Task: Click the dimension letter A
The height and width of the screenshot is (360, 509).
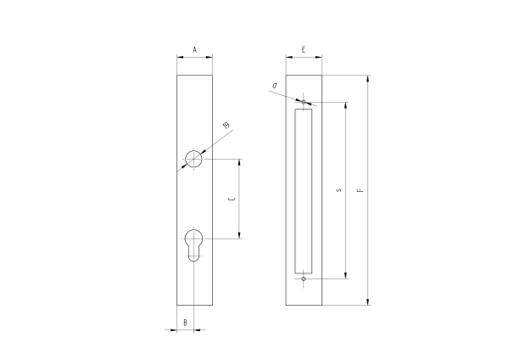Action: (194, 50)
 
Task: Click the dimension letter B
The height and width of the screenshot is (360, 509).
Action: (185, 322)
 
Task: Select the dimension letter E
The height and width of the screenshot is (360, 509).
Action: (304, 50)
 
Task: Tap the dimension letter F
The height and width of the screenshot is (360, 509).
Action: (360, 191)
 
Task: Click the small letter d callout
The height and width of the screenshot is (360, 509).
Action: (275, 85)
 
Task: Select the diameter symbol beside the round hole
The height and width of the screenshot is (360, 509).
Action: (226, 127)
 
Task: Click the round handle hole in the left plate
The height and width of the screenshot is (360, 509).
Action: (194, 159)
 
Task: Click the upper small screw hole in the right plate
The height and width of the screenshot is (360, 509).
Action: (304, 102)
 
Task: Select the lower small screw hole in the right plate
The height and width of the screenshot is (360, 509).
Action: (304, 278)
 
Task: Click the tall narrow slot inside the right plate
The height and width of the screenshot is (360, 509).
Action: (304, 191)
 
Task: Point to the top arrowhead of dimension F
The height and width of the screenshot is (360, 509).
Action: (368, 79)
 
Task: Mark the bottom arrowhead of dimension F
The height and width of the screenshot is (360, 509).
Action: (368, 302)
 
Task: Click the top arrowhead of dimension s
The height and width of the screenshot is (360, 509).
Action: (346, 105)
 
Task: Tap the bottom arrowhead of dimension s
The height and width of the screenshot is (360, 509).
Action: (346, 275)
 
